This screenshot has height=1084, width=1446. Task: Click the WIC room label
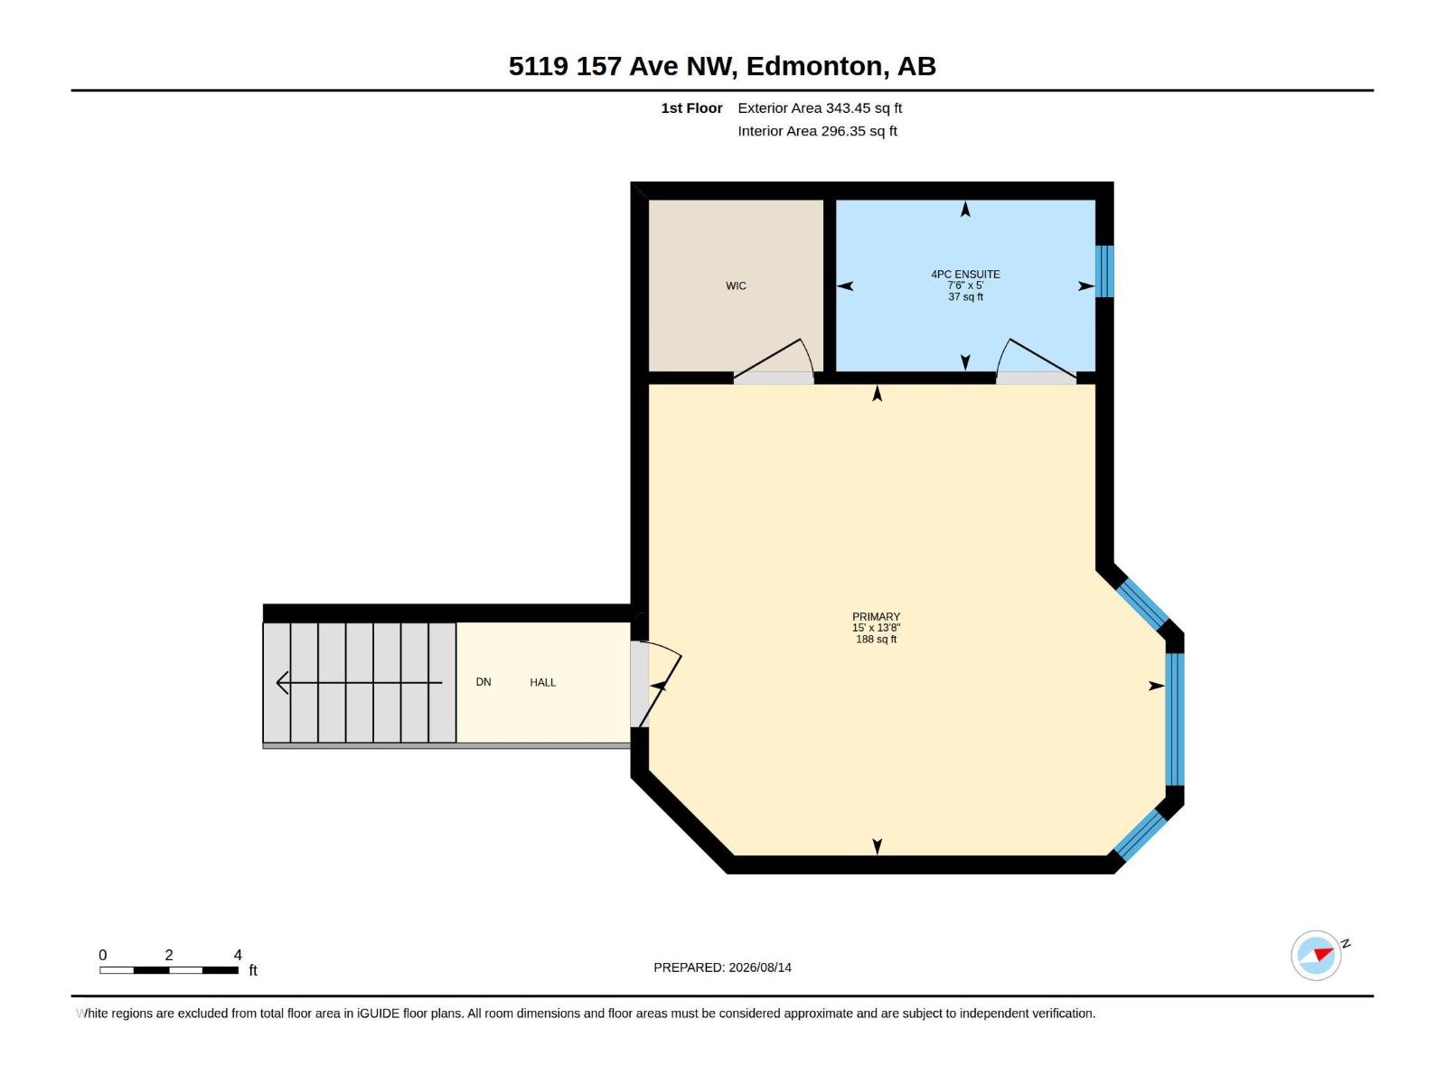tap(735, 285)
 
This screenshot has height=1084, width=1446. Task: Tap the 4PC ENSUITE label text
tap(965, 275)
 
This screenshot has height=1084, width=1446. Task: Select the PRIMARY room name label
tap(876, 617)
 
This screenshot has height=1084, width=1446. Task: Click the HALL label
tap(543, 683)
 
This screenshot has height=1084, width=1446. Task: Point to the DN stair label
tap(484, 682)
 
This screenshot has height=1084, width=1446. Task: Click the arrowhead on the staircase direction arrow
tap(282, 683)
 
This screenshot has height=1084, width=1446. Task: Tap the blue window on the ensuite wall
tap(1104, 271)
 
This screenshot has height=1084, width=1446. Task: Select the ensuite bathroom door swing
tap(1037, 359)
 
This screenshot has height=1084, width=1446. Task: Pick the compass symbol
tap(1316, 956)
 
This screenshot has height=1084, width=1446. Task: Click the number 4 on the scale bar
tap(238, 955)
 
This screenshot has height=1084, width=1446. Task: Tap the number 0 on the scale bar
tap(103, 955)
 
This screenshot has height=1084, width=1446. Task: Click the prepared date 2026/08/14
tap(759, 967)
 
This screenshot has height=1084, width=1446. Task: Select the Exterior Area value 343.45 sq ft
tap(864, 107)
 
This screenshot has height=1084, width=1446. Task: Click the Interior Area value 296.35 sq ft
tap(859, 131)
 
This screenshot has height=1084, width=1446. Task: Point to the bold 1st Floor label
tap(691, 107)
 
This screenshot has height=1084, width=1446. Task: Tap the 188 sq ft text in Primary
tap(876, 639)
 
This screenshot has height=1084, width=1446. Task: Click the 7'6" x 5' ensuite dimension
tap(965, 285)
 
